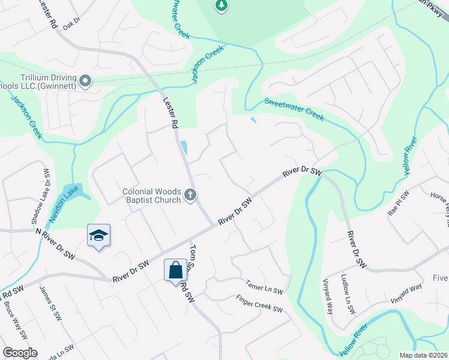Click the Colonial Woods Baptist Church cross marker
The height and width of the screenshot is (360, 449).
[191, 195]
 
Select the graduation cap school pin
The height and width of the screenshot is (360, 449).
[98, 235]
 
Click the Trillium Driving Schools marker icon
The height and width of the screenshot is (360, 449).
[86, 80]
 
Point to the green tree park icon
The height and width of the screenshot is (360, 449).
[221, 6]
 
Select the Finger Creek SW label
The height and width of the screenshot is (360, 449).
[259, 304]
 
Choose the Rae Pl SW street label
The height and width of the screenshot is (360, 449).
[399, 203]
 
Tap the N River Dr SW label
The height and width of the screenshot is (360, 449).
[56, 238]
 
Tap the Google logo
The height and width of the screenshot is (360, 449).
[20, 353]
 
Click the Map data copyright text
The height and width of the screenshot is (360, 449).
[423, 355]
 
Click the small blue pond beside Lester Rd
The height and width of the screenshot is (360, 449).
[184, 147]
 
